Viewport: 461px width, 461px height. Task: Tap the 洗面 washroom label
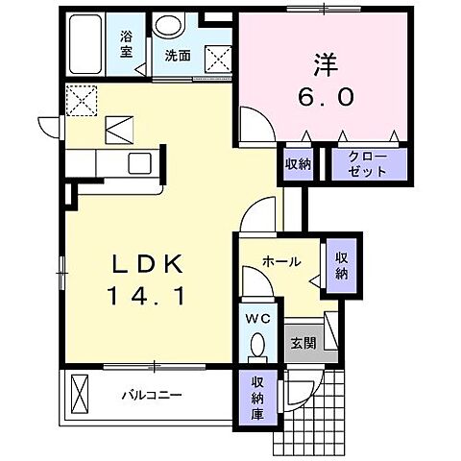click(x=176, y=55)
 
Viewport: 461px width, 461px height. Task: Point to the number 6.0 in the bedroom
click(x=320, y=97)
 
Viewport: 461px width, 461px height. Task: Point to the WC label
click(x=256, y=316)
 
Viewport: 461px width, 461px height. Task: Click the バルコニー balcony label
click(x=152, y=395)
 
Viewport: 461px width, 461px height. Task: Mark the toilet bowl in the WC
click(x=256, y=344)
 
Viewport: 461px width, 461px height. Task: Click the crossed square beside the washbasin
click(x=218, y=58)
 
